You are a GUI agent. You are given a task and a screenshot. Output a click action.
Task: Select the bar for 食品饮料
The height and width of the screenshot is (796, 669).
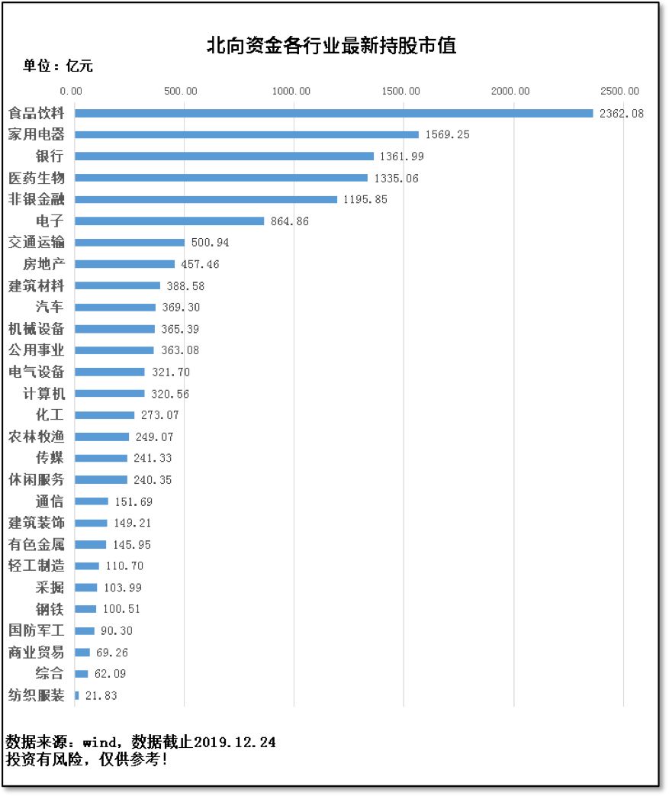[333, 113]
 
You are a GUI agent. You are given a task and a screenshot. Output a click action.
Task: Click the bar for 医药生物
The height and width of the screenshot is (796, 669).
[221, 178]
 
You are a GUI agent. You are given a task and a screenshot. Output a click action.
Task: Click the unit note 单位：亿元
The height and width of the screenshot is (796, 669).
[58, 66]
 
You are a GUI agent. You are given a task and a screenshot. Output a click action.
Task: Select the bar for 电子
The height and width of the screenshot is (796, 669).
[169, 221]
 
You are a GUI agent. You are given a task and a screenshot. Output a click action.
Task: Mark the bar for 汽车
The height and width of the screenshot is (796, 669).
[115, 308]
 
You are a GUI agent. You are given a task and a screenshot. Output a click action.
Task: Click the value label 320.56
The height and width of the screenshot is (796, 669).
[169, 394]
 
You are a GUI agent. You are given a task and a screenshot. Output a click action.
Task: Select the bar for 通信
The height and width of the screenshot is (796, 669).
[92, 501]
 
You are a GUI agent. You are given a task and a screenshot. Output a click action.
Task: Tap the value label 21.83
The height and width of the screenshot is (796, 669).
[100, 695]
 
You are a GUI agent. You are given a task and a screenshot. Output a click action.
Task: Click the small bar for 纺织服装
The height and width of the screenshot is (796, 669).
[77, 695]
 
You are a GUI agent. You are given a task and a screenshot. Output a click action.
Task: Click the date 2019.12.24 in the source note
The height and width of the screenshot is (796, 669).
[235, 742]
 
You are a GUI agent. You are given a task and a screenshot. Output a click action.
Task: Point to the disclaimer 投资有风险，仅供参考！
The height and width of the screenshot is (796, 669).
[86, 759]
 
